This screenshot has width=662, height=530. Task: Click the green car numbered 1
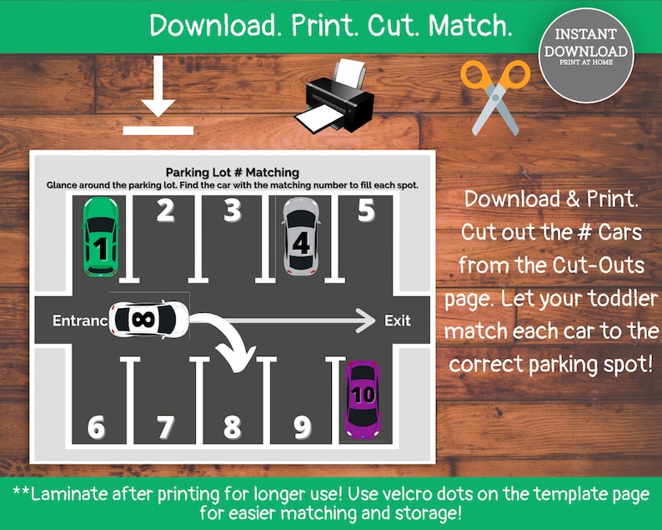click(100, 237)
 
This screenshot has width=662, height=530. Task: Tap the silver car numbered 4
click(300, 236)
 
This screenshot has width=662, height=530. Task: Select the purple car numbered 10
click(364, 398)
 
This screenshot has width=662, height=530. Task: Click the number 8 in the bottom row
click(233, 427)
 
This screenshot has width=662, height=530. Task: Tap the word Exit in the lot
click(397, 321)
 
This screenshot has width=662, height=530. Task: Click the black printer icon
click(335, 98)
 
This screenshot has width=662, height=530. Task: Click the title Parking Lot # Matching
click(232, 173)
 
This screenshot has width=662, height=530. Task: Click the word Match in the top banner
click(471, 26)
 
